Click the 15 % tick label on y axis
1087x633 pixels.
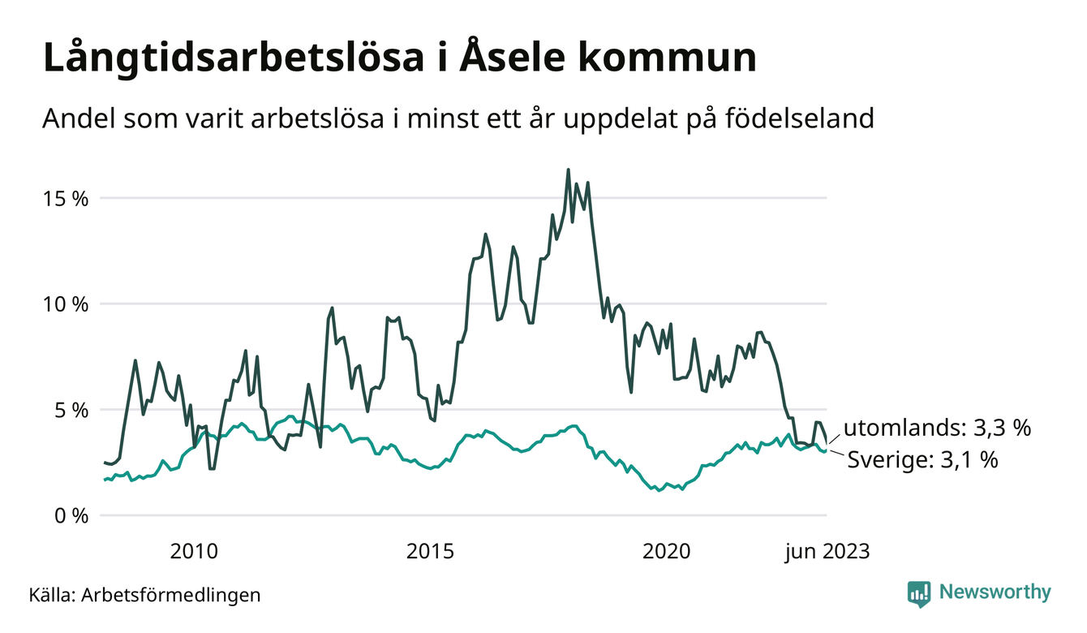point(62,199)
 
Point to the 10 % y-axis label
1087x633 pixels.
point(62,304)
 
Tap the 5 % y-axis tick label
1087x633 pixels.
point(67,410)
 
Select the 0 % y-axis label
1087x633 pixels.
point(67,515)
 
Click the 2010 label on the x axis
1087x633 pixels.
point(194,552)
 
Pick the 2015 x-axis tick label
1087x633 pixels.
point(431,552)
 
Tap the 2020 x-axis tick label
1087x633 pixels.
point(667,552)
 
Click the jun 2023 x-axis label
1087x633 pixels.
point(826,552)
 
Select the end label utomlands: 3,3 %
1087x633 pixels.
point(937,428)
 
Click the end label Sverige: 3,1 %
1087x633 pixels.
point(922,460)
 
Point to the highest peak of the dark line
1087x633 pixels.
point(568,170)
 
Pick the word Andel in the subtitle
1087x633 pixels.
point(75,118)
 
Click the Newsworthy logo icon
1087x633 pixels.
point(919,593)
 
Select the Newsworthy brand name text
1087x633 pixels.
point(995,592)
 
